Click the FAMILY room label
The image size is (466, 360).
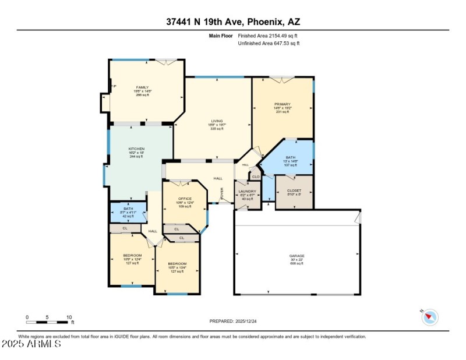pos(142,87)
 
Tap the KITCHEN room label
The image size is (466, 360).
pos(136,149)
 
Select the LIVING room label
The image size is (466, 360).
pos(217,121)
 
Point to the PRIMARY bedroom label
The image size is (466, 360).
pos(282,104)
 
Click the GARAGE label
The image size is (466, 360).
pos(297,256)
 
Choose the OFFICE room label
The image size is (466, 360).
pos(185,199)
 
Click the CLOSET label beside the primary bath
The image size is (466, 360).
pos(294,190)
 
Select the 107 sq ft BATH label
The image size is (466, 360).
pos(290,157)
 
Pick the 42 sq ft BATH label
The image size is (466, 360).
pos(128,209)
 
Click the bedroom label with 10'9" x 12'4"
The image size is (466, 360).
pos(132,256)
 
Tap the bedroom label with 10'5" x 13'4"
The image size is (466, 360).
pos(177,263)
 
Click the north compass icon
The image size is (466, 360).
pos(430,317)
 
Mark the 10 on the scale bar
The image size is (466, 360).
pos(69,317)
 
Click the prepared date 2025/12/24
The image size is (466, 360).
pos(232,321)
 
